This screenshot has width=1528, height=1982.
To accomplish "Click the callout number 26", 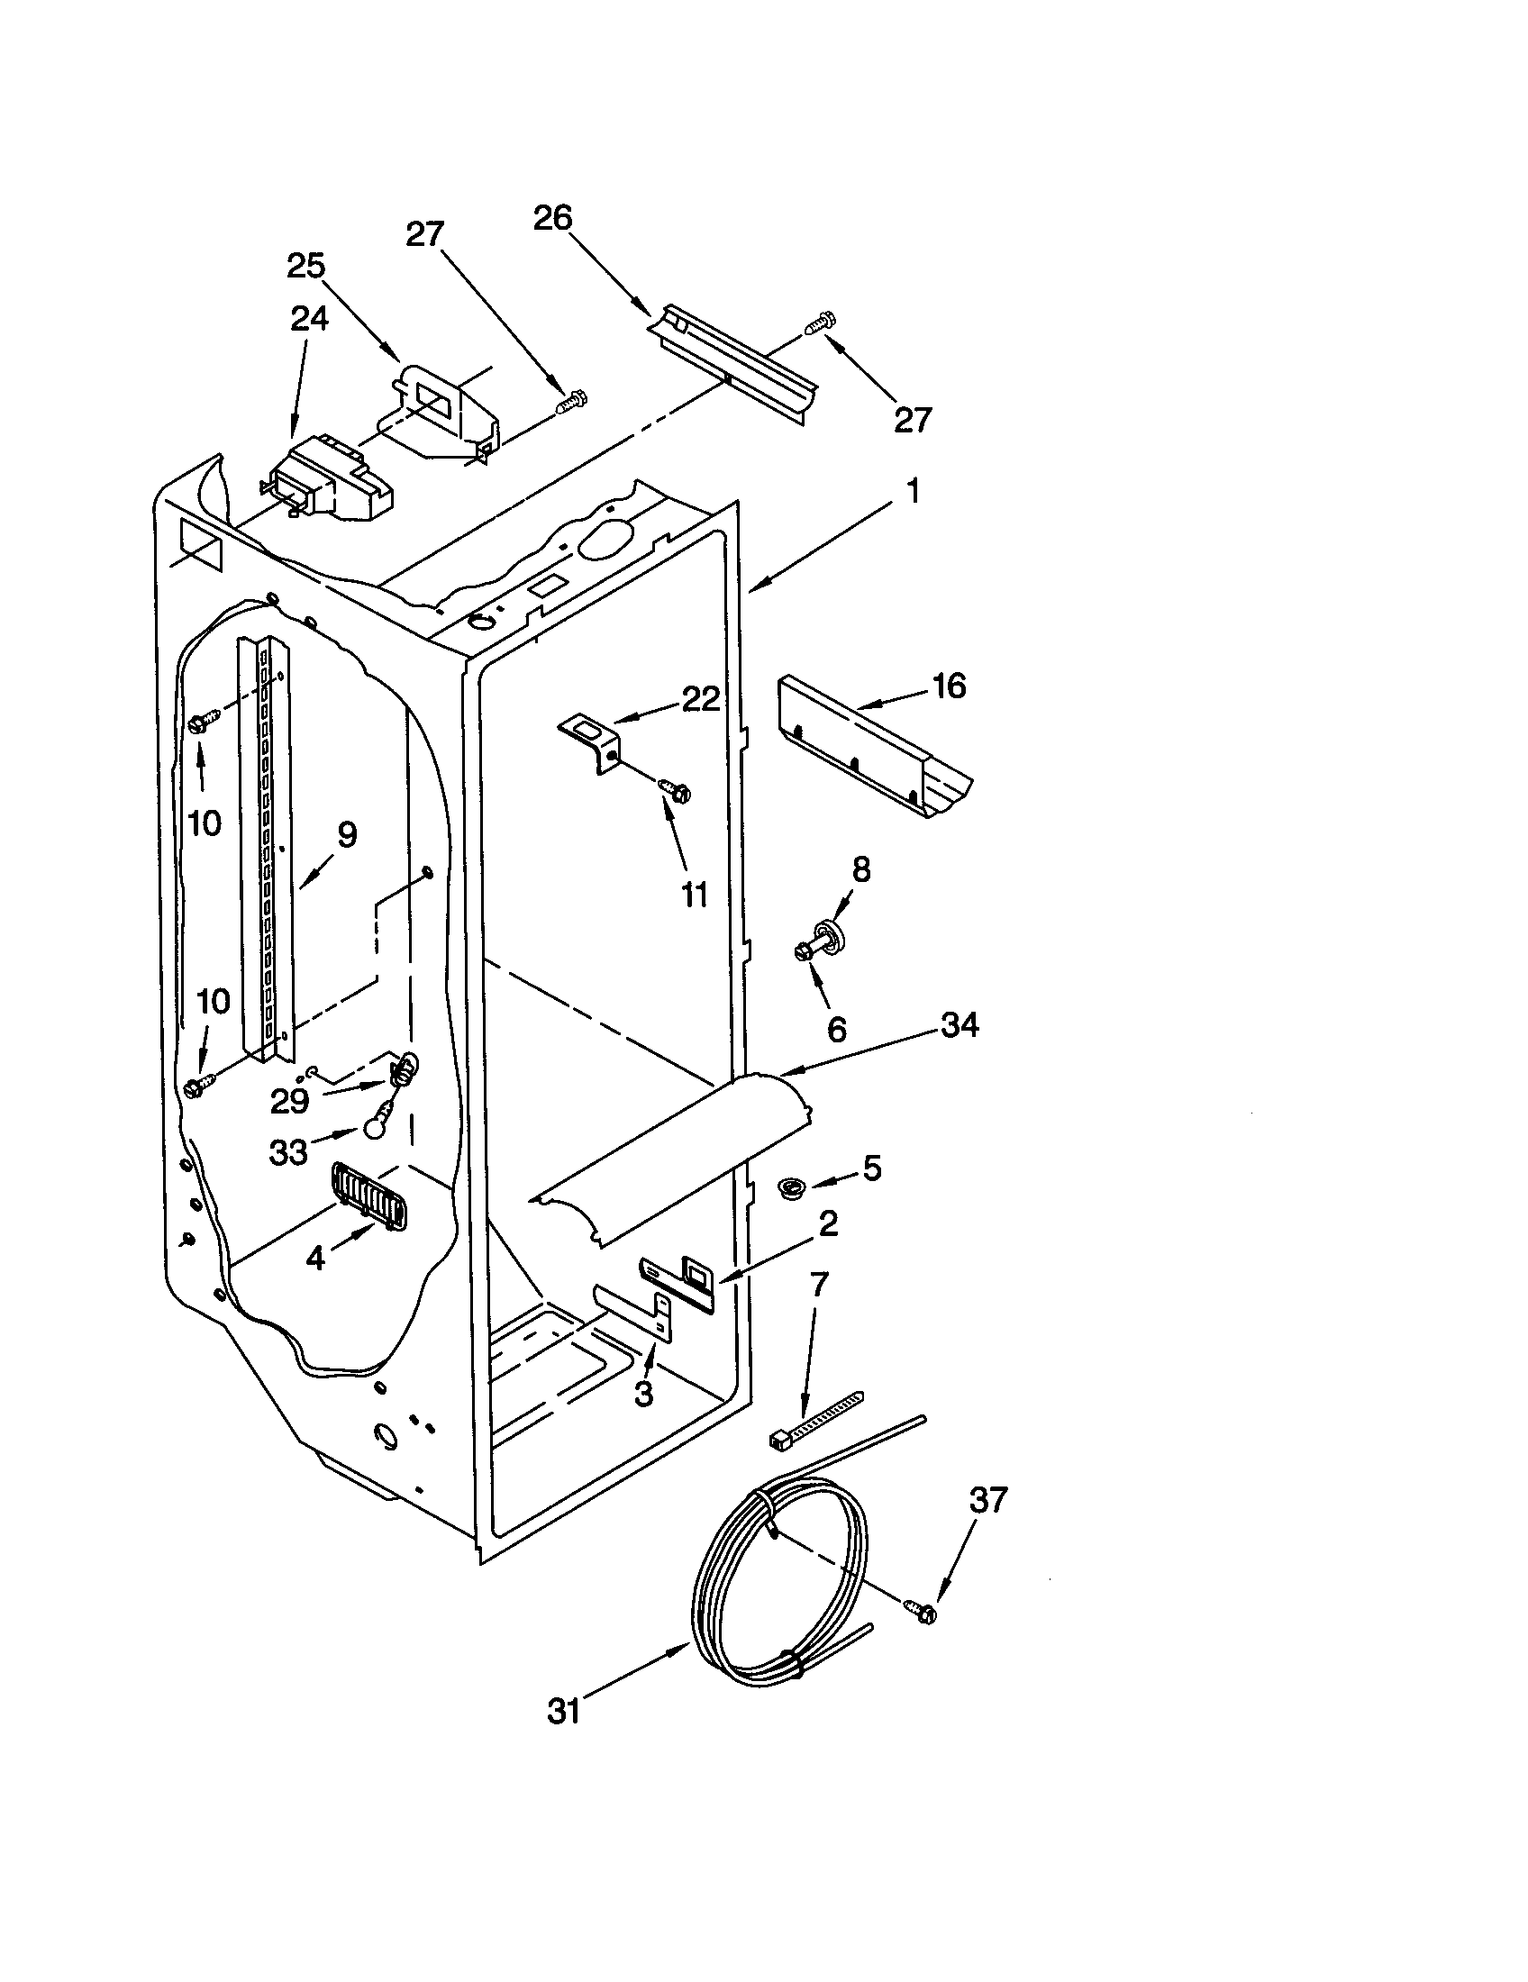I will pos(552,218).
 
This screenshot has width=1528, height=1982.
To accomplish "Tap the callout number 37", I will pos(988,1500).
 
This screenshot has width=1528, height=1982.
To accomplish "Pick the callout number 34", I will pos(960,1025).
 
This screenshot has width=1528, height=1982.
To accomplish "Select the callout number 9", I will pos(347,835).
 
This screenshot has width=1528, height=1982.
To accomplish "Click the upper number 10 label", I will pos(205,823).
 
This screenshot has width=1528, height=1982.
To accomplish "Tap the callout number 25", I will pos(305,266).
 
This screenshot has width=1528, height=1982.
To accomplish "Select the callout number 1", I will pos(913,491).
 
